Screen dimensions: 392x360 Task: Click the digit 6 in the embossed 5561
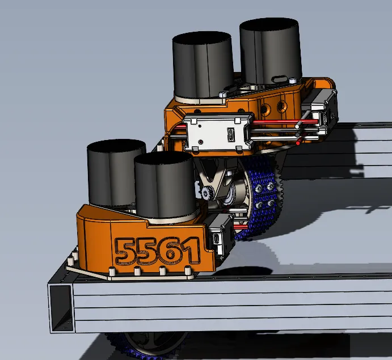click(x=171, y=251)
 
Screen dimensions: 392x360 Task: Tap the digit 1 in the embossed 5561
click(x=192, y=251)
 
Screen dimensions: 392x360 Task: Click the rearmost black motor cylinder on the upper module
click(x=271, y=51)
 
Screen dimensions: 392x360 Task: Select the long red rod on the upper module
click(x=285, y=122)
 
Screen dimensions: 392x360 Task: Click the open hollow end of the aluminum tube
click(x=61, y=308)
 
